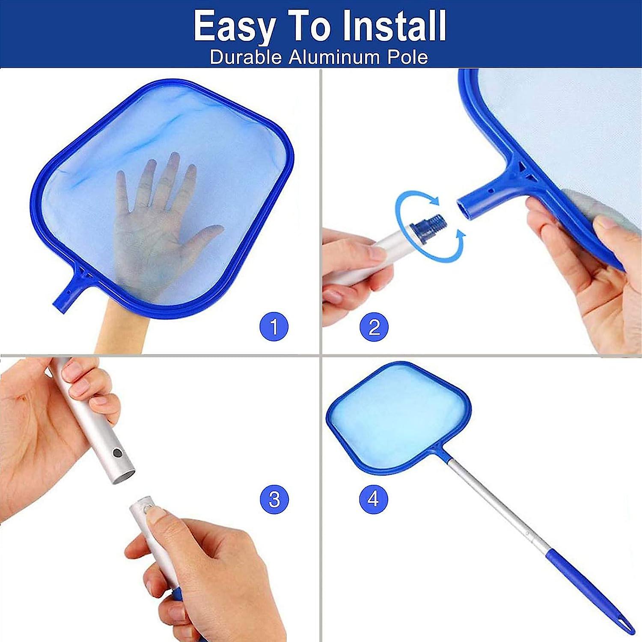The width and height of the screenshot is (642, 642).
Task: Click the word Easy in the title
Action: coord(234,27)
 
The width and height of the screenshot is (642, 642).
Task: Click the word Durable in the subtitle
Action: coord(246,57)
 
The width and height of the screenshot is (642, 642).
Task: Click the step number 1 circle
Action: coord(274,327)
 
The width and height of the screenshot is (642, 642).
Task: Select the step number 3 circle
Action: coord(274,499)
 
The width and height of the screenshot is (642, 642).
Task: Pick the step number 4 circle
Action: coord(374,499)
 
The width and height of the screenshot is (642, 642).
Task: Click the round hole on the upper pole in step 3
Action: coord(116,452)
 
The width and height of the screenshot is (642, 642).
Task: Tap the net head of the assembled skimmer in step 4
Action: coord(398,417)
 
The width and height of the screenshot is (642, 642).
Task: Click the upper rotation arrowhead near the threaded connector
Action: coord(435,200)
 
